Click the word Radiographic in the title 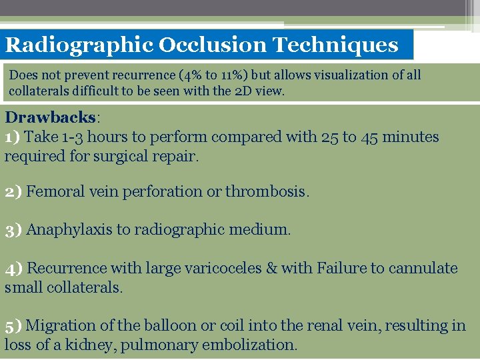coord(79,45)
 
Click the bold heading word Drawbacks coord(51,117)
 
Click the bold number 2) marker coord(13,192)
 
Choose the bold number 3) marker coord(13,230)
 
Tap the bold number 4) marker coord(14,268)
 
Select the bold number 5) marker coord(13,325)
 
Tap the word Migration coord(60,325)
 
